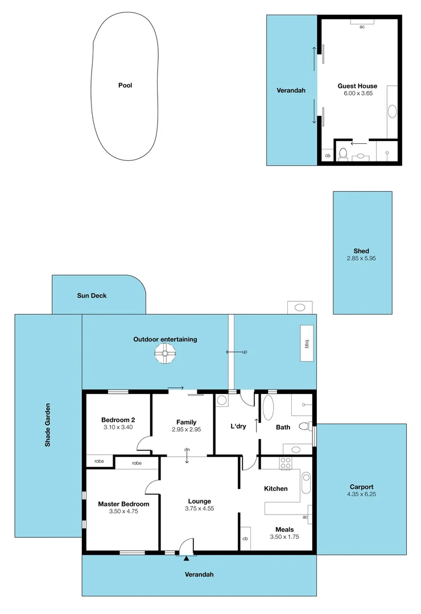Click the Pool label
click(x=125, y=85)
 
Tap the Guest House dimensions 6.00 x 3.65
click(x=358, y=93)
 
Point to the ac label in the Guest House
click(x=362, y=27)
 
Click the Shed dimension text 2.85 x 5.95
click(x=361, y=258)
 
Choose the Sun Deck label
click(x=92, y=296)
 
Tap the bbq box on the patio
click(x=307, y=343)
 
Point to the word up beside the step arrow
click(x=245, y=352)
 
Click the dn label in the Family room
click(x=187, y=450)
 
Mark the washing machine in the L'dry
click(x=222, y=400)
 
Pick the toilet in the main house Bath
click(x=304, y=426)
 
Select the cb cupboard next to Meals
click(x=245, y=539)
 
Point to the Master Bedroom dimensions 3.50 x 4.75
click(x=123, y=511)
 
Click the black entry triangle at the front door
click(x=187, y=558)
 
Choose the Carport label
click(x=361, y=487)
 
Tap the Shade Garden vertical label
click(x=48, y=425)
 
